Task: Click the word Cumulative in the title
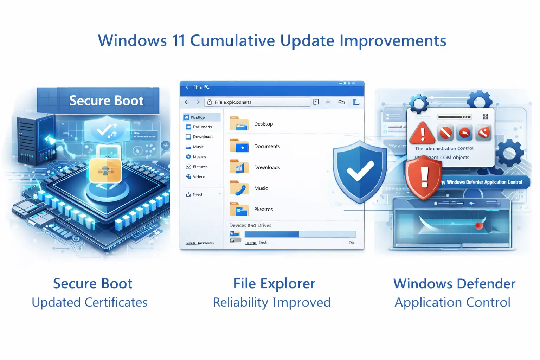pos(232,41)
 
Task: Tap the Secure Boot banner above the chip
pos(106,101)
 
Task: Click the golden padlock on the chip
pos(105,171)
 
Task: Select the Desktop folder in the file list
pos(263,124)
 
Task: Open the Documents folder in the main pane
pos(267,146)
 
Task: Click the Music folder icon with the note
pos(239,188)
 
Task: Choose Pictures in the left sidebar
pos(200,167)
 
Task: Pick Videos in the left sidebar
pos(199,177)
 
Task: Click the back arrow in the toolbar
pos(187,102)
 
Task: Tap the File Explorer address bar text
pos(233,102)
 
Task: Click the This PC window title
pos(201,87)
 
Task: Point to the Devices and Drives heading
pos(250,225)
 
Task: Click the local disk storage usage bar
pos(300,234)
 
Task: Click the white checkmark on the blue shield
pos(360,171)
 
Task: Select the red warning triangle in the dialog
pos(423,133)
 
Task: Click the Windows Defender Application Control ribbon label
pos(484,182)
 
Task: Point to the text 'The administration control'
pos(444,148)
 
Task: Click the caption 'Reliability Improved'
pos(272,302)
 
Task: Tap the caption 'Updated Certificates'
pos(89,302)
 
